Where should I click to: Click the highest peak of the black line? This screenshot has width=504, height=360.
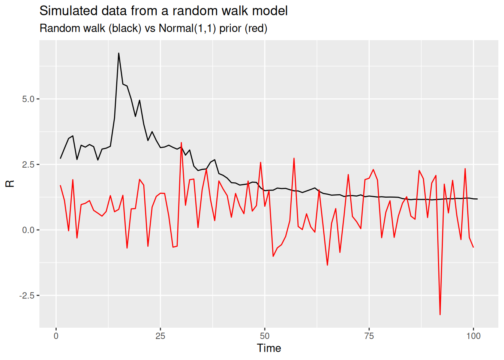[118, 53]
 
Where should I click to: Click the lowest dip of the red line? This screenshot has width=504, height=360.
[440, 314]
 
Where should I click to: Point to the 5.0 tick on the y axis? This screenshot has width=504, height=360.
[28, 99]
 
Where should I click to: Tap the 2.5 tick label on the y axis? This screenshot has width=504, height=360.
[28, 165]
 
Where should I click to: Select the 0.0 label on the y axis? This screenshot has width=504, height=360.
[28, 230]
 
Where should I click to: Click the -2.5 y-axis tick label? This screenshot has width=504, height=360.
[27, 295]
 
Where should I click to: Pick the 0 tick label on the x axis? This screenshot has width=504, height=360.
[56, 336]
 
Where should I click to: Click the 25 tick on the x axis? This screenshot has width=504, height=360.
[160, 336]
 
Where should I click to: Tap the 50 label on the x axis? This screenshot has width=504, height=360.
[265, 336]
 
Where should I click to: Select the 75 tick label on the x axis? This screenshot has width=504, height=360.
[369, 336]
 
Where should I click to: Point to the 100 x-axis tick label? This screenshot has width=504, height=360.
[473, 336]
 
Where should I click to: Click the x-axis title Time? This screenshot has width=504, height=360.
[269, 348]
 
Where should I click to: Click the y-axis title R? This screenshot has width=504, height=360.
[10, 183]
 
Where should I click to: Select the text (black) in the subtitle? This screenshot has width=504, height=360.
[125, 28]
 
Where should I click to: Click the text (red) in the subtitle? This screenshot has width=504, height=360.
[256, 28]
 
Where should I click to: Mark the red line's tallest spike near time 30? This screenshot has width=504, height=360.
[181, 142]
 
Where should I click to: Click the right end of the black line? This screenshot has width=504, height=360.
[477, 199]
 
